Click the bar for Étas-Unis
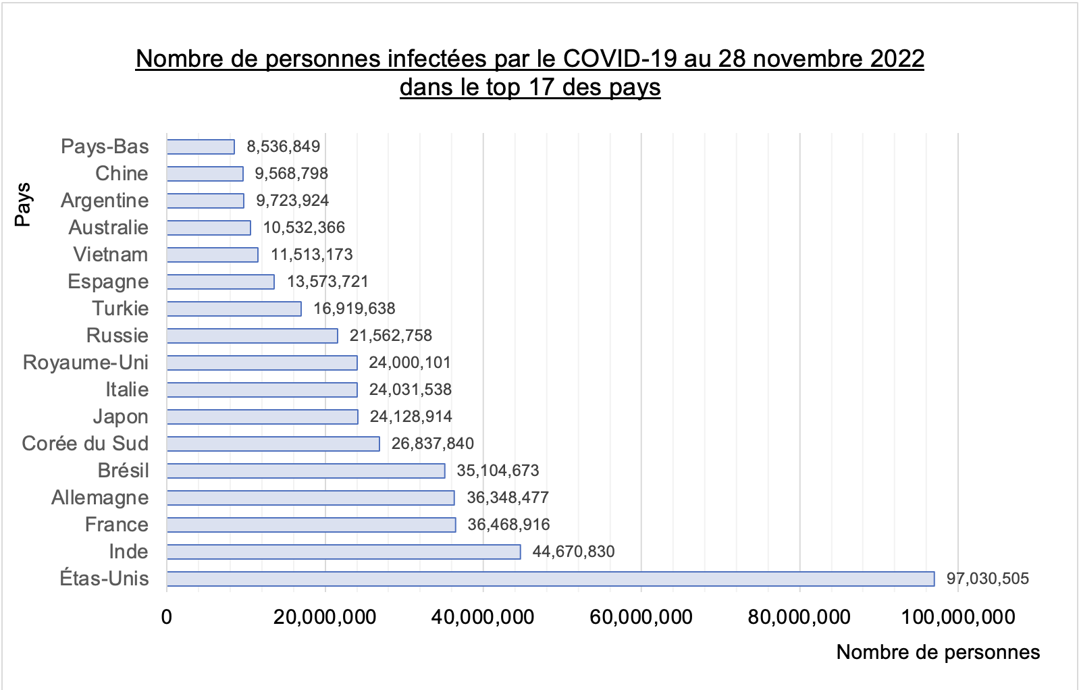tap(550, 579)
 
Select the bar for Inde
tap(344, 552)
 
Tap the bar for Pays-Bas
tap(201, 147)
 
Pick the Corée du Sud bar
tap(273, 444)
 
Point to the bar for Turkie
tap(234, 309)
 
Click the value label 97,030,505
tap(987, 579)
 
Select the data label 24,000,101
tap(409, 363)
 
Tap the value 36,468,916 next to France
tap(508, 525)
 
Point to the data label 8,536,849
tap(283, 147)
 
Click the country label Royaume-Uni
tap(86, 363)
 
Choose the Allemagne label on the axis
tap(100, 498)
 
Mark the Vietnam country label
tap(111, 255)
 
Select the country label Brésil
tap(123, 471)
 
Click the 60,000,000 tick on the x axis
tap(641, 616)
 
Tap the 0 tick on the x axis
tap(167, 616)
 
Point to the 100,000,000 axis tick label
tap(957, 616)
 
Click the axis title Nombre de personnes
tap(938, 652)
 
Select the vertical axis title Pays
tap(22, 204)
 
